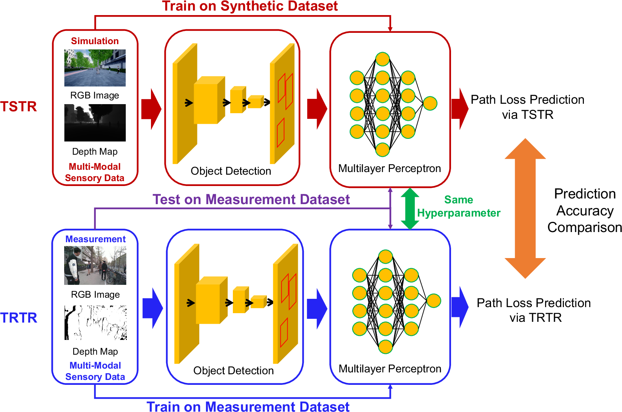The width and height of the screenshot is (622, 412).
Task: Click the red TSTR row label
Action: [x=18, y=107]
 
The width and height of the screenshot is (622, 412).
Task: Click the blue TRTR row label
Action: [x=18, y=318]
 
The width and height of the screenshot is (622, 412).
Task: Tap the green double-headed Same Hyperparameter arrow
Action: [x=410, y=209]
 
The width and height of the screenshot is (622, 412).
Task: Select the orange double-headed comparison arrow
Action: [x=525, y=208]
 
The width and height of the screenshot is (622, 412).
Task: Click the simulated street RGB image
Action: [x=95, y=68]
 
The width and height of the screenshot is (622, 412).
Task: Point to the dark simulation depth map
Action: [x=95, y=123]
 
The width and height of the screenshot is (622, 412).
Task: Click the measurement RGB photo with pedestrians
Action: [x=95, y=265]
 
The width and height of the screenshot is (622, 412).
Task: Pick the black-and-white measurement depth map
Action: [x=95, y=323]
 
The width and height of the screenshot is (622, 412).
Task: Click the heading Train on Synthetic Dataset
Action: [x=250, y=6]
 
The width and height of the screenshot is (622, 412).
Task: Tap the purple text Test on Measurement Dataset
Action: [x=251, y=200]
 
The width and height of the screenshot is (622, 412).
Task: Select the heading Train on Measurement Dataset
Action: [x=248, y=406]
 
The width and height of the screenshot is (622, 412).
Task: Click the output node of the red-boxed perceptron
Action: [x=430, y=103]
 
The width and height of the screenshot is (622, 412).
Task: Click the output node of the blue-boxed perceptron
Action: [x=434, y=301]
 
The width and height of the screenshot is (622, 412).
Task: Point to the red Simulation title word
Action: [x=95, y=41]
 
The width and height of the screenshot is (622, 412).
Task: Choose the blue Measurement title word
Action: [x=95, y=239]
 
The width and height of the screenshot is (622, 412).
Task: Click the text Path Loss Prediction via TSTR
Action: [x=527, y=107]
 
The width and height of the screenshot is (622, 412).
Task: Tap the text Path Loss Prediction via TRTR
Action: [x=534, y=310]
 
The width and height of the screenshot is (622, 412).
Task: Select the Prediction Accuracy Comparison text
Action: [x=585, y=211]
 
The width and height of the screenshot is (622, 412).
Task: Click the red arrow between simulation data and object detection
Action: [x=151, y=109]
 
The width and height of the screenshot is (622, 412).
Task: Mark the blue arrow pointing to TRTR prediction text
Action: [x=460, y=307]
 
